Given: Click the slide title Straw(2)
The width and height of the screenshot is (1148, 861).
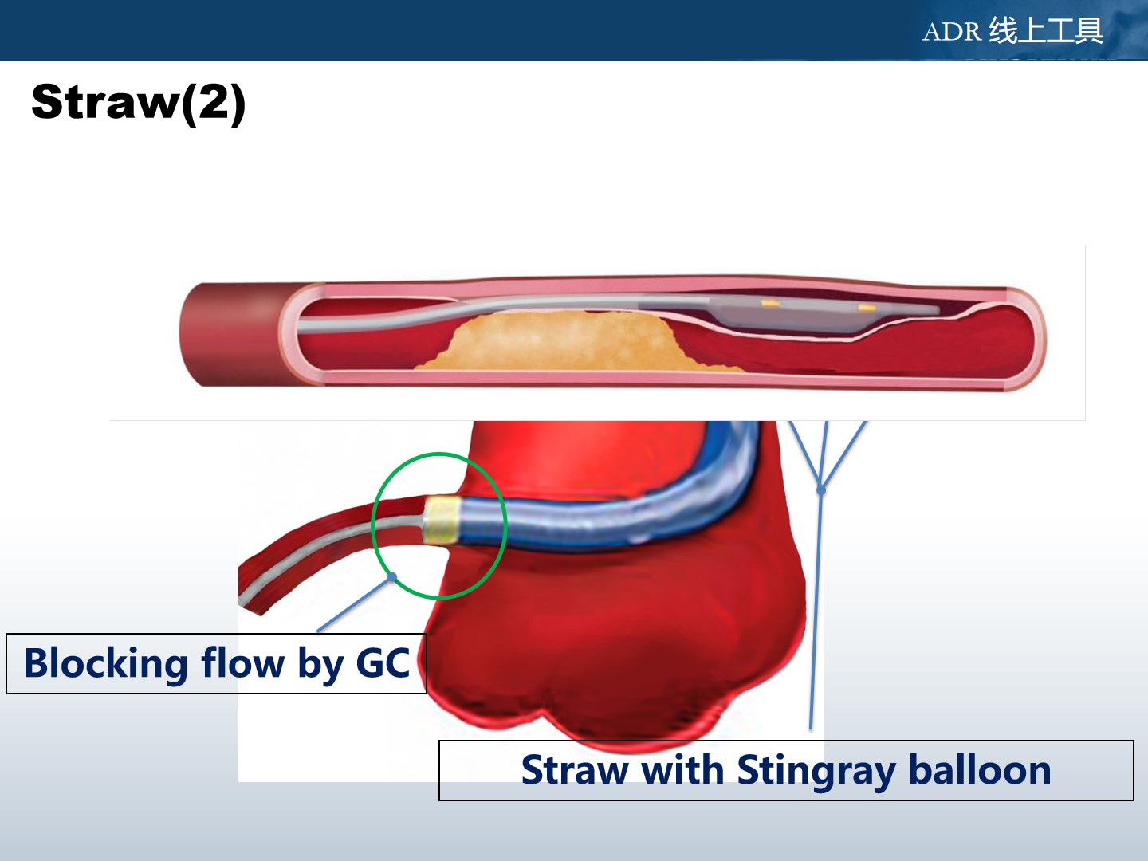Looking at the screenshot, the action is (138, 103).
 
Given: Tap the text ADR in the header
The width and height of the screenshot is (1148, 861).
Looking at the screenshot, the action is (951, 32).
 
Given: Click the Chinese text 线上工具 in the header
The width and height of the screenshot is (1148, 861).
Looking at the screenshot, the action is (1046, 30).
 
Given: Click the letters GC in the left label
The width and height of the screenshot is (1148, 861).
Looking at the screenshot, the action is (383, 662).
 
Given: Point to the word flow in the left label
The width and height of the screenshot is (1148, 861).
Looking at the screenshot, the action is (242, 662).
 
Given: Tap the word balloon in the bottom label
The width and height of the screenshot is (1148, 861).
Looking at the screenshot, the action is (980, 769).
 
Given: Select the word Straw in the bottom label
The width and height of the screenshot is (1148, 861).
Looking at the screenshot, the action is (574, 770).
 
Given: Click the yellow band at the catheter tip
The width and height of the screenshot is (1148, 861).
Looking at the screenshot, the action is (442, 521).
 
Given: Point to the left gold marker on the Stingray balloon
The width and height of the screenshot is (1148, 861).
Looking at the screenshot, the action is (770, 303).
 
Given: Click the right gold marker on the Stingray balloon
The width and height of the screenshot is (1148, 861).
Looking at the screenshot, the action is (867, 308).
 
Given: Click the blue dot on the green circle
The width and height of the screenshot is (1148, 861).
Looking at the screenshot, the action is (392, 577).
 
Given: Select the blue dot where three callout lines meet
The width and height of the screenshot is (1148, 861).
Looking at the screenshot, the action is (821, 489).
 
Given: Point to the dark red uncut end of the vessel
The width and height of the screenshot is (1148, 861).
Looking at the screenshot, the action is (230, 335).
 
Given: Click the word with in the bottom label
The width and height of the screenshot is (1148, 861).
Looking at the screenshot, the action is (682, 769).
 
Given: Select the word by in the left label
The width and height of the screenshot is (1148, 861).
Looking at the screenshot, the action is (320, 665).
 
